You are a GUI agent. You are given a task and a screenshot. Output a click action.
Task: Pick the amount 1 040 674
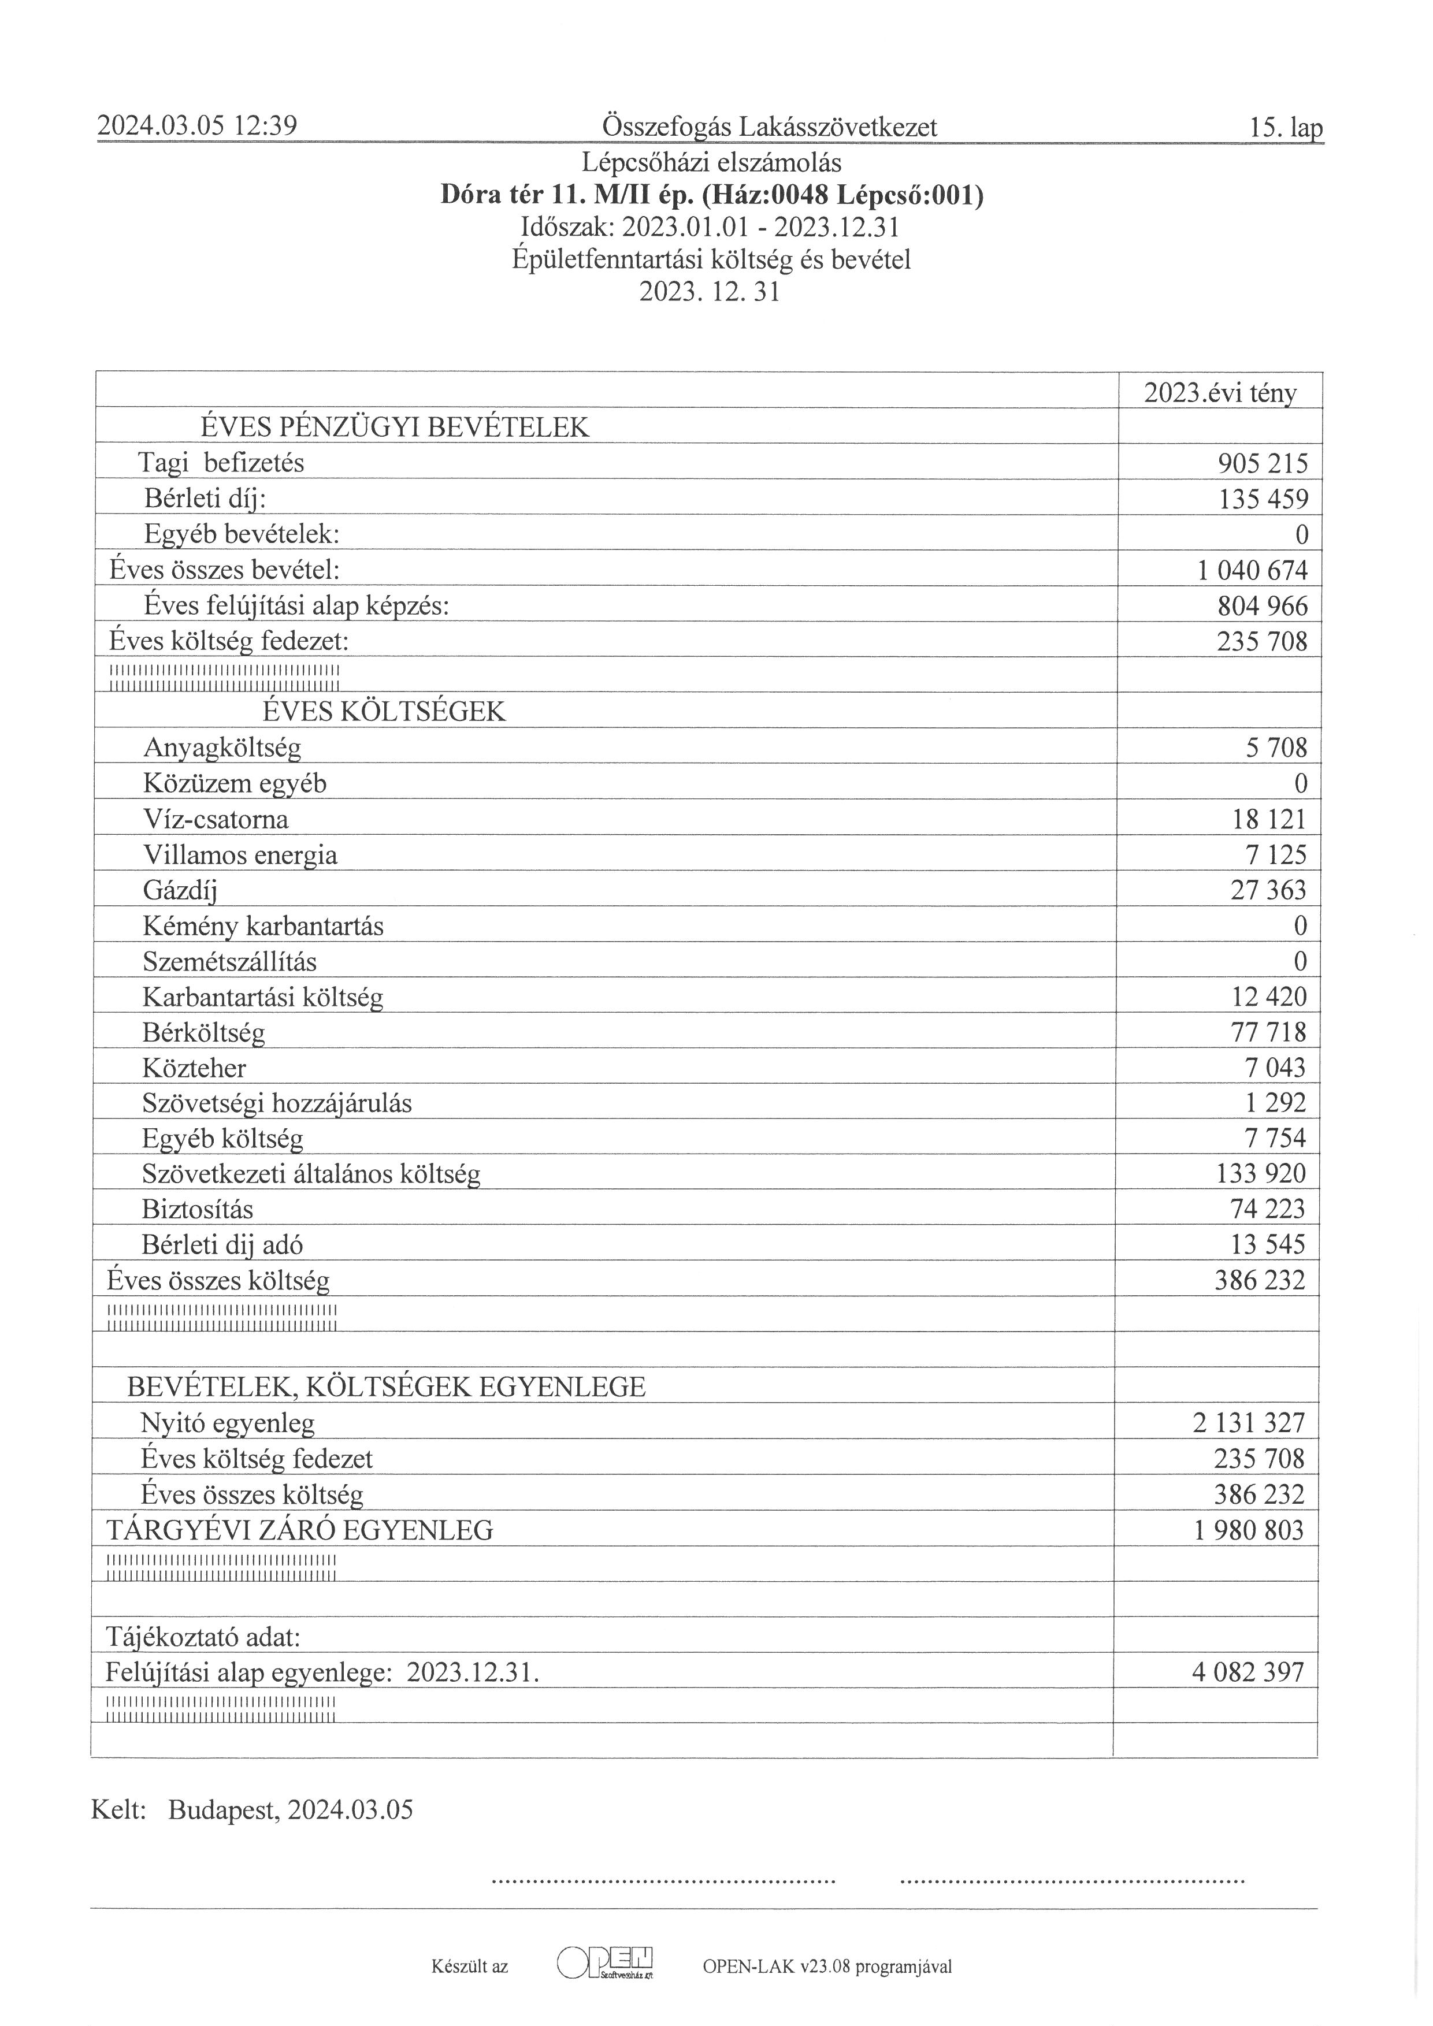click(x=1252, y=570)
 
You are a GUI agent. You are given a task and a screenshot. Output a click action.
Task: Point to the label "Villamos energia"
click(x=240, y=855)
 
